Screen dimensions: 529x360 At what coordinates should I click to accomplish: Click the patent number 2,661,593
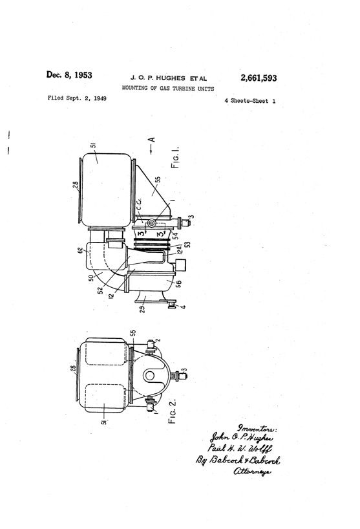[259, 78]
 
